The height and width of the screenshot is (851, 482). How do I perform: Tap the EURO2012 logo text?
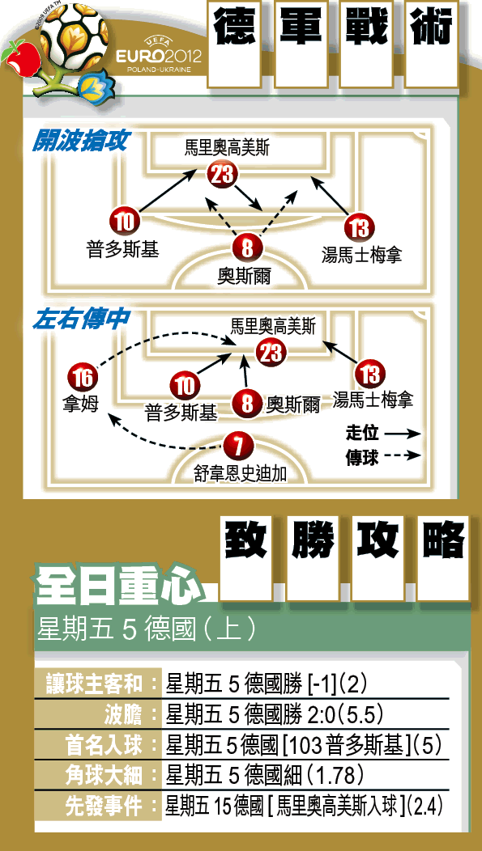[159, 57]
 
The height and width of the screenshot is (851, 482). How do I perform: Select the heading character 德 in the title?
[234, 28]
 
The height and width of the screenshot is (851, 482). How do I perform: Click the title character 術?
[432, 28]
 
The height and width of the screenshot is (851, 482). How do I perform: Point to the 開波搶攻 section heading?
[80, 141]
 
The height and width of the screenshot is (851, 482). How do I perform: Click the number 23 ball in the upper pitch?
[222, 175]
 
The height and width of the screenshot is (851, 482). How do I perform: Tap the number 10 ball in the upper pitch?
[125, 221]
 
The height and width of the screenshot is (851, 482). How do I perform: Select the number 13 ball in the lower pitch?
[369, 375]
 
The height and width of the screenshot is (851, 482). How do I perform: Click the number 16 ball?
[83, 378]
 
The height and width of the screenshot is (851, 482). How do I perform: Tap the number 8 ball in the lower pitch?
[247, 404]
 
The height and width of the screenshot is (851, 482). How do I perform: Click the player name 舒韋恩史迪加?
[240, 474]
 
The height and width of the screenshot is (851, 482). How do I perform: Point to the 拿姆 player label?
[80, 404]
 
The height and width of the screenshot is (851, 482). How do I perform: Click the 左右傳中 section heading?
[80, 320]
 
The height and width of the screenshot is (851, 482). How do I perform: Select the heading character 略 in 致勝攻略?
[444, 540]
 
